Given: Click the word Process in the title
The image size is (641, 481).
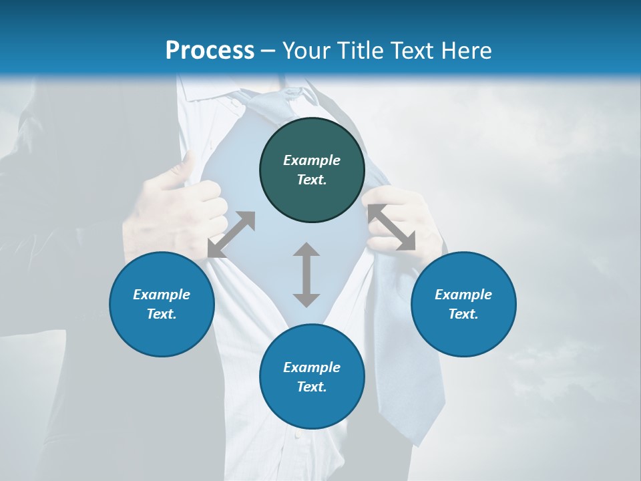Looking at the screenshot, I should (210, 50).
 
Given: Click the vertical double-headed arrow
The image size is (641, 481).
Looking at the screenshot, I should (306, 275).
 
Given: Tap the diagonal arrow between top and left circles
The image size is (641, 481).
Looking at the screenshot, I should (232, 234).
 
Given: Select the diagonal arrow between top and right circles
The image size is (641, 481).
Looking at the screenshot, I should (391, 227).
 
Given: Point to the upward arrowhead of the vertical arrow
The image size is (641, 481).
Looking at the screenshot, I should (306, 250).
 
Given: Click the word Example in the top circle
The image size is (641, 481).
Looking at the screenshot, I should (312, 160).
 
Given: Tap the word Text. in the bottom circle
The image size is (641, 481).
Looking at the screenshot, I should (312, 387).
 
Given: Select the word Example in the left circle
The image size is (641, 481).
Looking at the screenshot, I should (162, 295).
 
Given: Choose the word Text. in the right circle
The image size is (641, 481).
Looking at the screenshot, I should (463, 314).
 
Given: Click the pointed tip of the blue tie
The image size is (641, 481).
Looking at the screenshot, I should (417, 441).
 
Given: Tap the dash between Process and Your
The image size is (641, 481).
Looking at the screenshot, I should (268, 51).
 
